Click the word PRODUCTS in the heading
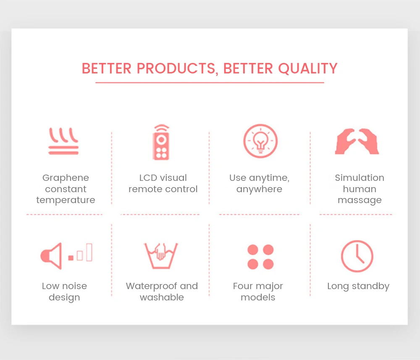[x=177, y=68]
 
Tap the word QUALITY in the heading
[x=308, y=68]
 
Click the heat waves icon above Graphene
[x=63, y=141]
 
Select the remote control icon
[x=161, y=142]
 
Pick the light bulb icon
[x=260, y=141]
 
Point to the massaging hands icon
[x=357, y=141]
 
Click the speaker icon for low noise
[x=51, y=256]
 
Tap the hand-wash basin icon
[x=161, y=256]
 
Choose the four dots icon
[x=260, y=257]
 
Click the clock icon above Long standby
[x=357, y=256]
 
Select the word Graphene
[x=66, y=178]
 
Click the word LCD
[x=148, y=178]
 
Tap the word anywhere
[x=259, y=189]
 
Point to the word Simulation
[x=360, y=178]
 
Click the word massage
[x=360, y=200]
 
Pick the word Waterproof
[x=152, y=286]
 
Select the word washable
[x=162, y=297]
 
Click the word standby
[x=370, y=286]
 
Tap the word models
[x=258, y=297]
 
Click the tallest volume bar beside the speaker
[x=89, y=252]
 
